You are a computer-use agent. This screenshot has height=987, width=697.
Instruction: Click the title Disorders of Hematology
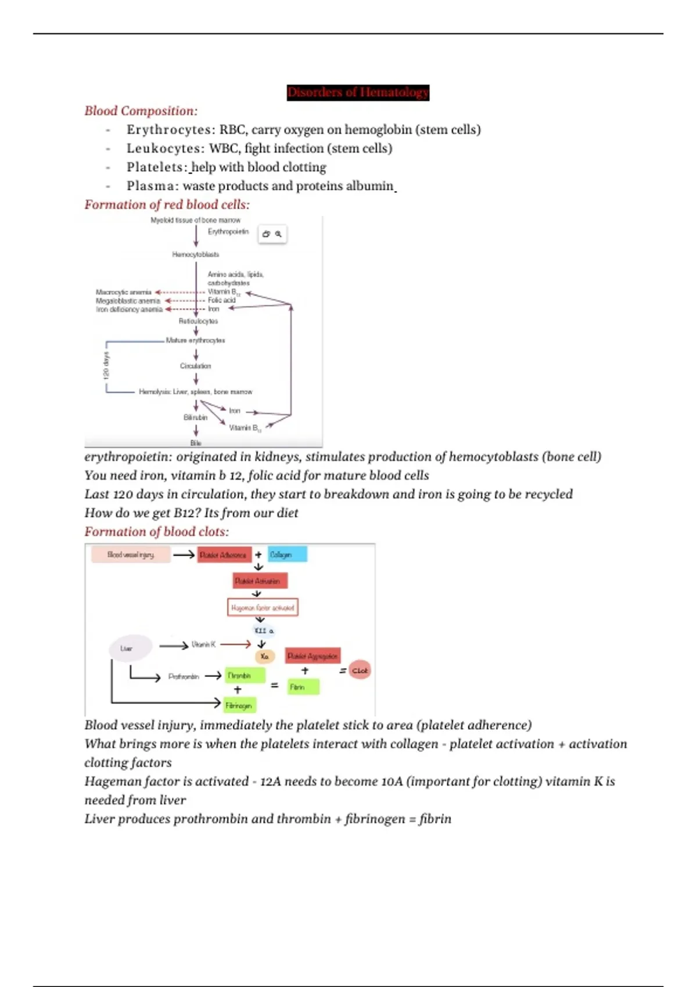[x=358, y=92]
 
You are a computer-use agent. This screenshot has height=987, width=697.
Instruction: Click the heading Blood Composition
[x=141, y=111]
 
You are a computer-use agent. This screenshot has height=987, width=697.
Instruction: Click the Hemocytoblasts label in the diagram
[x=195, y=254]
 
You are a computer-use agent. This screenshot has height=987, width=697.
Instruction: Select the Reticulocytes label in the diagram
[x=198, y=321]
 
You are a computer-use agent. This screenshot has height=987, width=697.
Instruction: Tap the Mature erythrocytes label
[x=195, y=340]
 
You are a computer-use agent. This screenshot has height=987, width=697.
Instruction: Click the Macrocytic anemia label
[x=123, y=292]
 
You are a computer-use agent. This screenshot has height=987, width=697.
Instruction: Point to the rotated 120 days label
[x=106, y=365]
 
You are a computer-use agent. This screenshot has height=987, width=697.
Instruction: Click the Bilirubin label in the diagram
[x=195, y=417]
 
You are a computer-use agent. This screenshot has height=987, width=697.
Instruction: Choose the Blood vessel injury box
[x=131, y=555]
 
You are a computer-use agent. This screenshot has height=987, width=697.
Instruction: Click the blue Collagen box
[x=287, y=554]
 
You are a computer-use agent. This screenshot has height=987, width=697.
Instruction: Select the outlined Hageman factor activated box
[x=263, y=607]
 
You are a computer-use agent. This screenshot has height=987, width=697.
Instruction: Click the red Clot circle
[x=360, y=671]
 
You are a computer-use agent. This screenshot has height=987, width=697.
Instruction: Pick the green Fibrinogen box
[x=239, y=705]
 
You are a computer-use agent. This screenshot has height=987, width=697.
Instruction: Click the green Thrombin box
[x=245, y=676]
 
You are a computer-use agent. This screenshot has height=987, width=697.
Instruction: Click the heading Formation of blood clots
[x=156, y=532]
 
